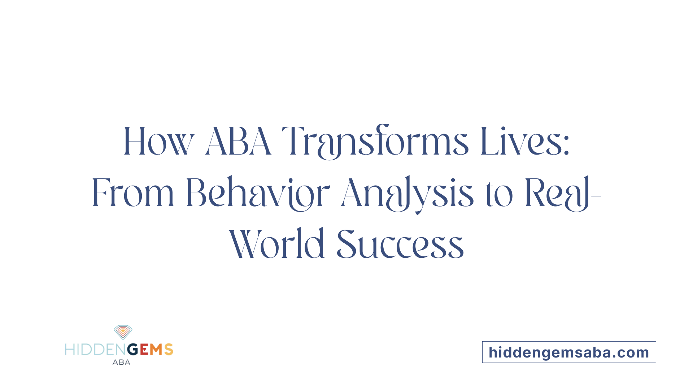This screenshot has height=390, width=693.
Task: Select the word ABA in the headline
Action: click(x=238, y=142)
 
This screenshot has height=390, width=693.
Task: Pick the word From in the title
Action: click(x=133, y=193)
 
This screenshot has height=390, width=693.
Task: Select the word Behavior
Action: click(x=258, y=193)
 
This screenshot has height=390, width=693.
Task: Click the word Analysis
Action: click(x=407, y=193)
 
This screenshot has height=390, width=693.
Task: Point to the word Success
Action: click(x=400, y=245)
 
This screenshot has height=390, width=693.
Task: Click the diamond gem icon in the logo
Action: click(x=123, y=331)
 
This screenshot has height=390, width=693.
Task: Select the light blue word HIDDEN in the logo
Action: click(x=96, y=350)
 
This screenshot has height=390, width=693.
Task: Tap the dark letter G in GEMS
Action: click(x=133, y=350)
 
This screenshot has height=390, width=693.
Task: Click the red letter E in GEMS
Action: click(x=144, y=350)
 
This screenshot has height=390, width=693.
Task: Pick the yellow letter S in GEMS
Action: click(x=169, y=350)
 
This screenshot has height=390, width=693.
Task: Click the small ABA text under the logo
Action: click(x=121, y=362)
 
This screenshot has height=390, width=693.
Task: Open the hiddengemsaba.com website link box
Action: click(x=569, y=352)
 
